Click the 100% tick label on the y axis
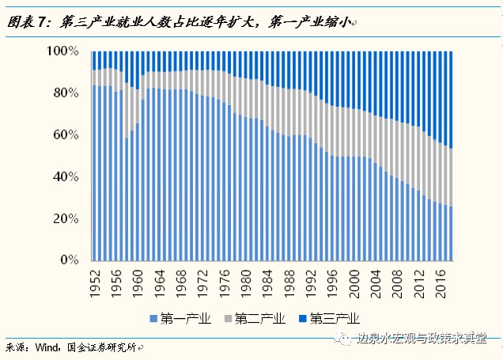pos(63,51)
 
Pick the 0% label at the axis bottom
pos(70,260)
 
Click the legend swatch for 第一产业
pos(152,319)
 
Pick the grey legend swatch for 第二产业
pos(228,319)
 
